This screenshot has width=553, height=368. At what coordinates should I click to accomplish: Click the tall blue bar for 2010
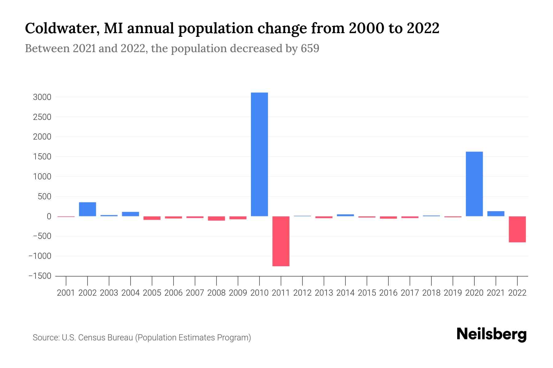(x=259, y=154)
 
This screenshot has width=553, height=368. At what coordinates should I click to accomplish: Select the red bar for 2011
(x=281, y=241)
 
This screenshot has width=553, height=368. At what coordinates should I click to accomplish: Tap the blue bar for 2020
(x=474, y=184)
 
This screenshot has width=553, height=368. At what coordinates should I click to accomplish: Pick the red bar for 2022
(x=517, y=229)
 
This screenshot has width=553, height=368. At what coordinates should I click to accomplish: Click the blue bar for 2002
(x=88, y=209)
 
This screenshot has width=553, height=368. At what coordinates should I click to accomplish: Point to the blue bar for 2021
(x=496, y=214)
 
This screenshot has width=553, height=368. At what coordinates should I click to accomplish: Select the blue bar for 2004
(x=131, y=214)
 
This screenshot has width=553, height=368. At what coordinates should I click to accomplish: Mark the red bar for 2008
(x=216, y=218)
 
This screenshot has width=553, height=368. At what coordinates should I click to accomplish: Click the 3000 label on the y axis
(x=42, y=98)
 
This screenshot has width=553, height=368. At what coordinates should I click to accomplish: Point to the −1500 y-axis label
(x=40, y=276)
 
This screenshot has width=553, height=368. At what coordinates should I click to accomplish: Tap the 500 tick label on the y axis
(x=45, y=197)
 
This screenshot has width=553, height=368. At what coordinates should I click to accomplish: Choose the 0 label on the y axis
(x=49, y=217)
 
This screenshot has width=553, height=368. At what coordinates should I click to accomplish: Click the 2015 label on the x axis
(x=367, y=293)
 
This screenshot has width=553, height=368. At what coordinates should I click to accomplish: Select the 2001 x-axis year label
(x=66, y=293)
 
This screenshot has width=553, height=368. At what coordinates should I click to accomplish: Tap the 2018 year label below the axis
(x=431, y=293)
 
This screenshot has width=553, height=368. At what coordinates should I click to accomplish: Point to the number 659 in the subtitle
(x=310, y=49)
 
